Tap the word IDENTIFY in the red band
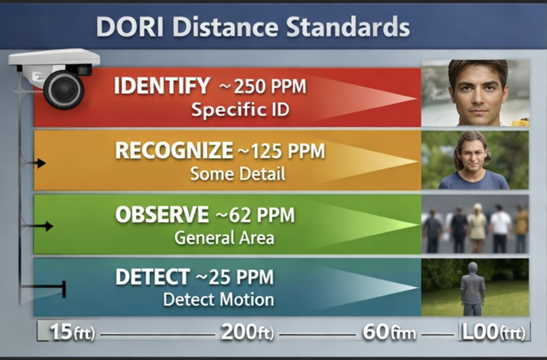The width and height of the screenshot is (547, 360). (x=162, y=87)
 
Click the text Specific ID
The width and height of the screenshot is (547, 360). (x=240, y=109)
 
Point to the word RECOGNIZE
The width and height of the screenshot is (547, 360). (x=174, y=151)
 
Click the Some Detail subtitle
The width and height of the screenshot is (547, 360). (x=237, y=174)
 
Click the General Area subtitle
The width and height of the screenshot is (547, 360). (x=224, y=237)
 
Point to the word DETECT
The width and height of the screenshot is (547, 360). (x=153, y=277)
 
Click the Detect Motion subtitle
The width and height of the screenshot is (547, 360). (x=218, y=299)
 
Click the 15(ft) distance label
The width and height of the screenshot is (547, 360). (x=72, y=332)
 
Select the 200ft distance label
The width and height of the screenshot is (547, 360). (x=247, y=332)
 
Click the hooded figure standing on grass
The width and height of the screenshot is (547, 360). (x=473, y=288)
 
